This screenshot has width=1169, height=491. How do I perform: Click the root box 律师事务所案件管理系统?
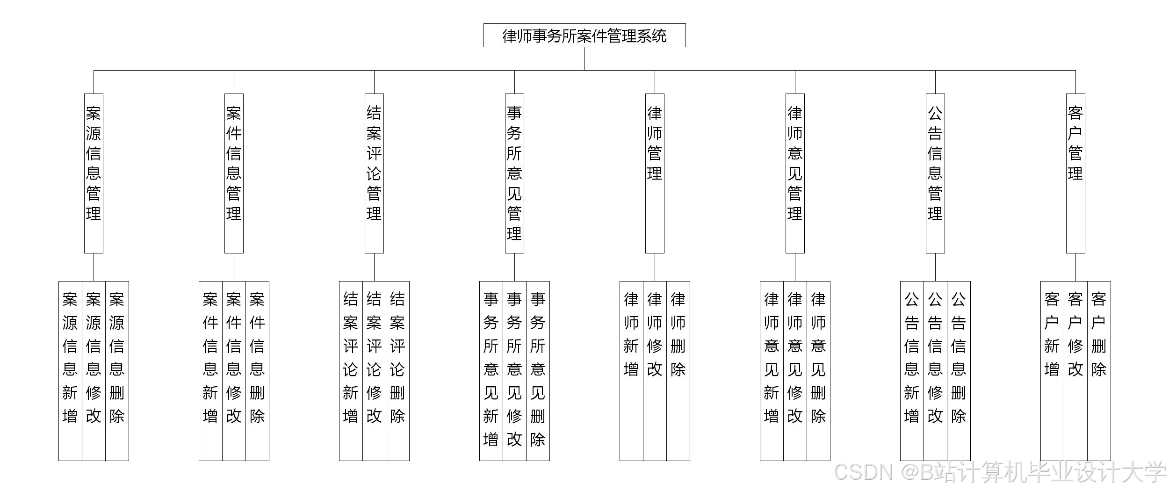coord(584,36)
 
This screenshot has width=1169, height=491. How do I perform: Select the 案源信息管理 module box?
coord(94,173)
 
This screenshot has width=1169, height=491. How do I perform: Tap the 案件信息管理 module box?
coord(234,173)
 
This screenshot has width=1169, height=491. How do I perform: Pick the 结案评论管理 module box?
coord(374,173)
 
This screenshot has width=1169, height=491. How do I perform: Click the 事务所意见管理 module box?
coord(514,173)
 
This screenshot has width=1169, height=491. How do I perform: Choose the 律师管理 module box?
coord(655,173)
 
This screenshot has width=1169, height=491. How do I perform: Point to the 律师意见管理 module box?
coord(795,173)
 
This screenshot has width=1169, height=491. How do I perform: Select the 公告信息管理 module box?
coord(935,173)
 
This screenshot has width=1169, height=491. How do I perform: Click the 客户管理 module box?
coord(1075,173)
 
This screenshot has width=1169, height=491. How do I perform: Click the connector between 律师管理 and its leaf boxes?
coord(655,267)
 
